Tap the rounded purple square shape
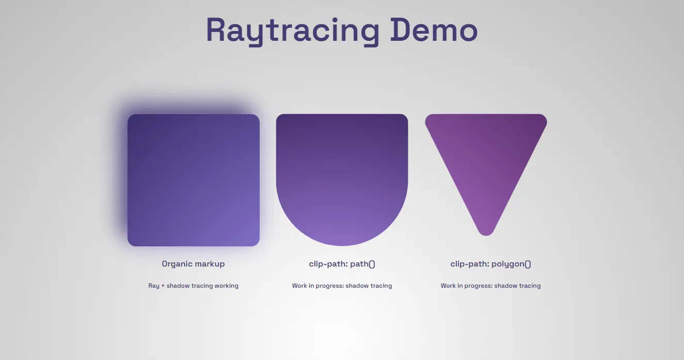click(x=193, y=180)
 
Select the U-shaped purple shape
click(x=342, y=176)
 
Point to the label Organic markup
click(x=193, y=264)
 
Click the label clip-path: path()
click(x=342, y=264)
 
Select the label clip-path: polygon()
click(x=490, y=264)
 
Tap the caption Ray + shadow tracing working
click(x=193, y=286)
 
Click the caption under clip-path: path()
click(x=342, y=286)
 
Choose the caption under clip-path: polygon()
click(x=490, y=286)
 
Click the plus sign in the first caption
click(x=163, y=286)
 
